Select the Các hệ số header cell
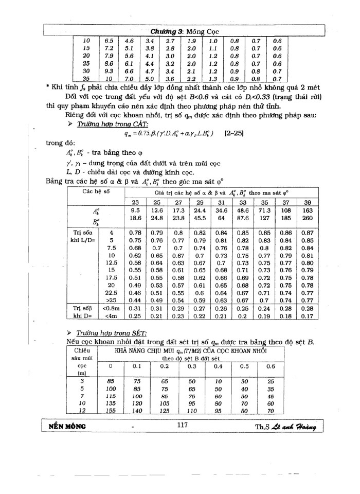click(93, 177)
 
